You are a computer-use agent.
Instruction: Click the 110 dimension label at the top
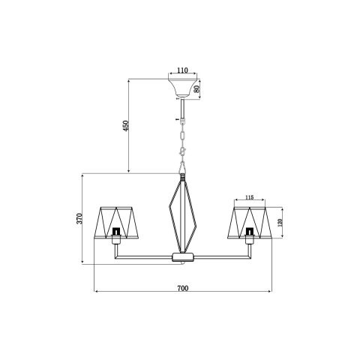pyautogui.click(x=182, y=70)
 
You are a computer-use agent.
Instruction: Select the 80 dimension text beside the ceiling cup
pyautogui.click(x=196, y=88)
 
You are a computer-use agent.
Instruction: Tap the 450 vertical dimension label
pyautogui.click(x=126, y=126)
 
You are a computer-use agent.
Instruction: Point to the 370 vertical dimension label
pyautogui.click(x=79, y=218)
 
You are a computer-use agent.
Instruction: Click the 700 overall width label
pyautogui.click(x=183, y=288)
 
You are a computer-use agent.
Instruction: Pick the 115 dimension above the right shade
pyautogui.click(x=249, y=197)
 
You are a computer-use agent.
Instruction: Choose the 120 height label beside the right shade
pyautogui.click(x=280, y=223)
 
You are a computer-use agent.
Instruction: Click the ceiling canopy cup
pyautogui.click(x=182, y=88)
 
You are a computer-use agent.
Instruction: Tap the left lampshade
pyautogui.click(x=116, y=223)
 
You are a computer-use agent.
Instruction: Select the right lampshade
pyautogui.click(x=250, y=223)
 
